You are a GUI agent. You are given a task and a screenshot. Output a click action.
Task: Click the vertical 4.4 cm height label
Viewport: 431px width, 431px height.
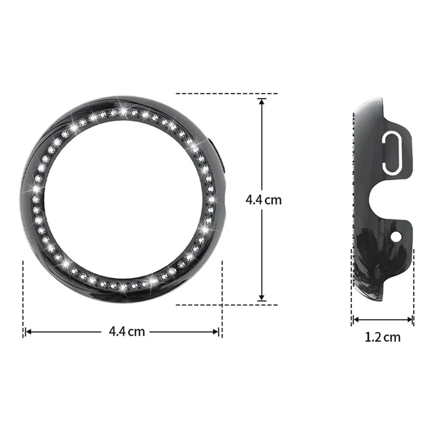click(x=263, y=199)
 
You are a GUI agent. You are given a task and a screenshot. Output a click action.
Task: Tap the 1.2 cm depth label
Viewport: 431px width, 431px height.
click(x=383, y=338)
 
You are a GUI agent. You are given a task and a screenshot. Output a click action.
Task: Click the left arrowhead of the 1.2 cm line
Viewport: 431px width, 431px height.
click(x=355, y=320)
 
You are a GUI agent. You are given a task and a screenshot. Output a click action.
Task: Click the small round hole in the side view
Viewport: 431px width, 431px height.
click(x=397, y=236)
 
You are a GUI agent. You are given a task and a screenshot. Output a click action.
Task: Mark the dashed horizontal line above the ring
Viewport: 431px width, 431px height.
click(x=226, y=94)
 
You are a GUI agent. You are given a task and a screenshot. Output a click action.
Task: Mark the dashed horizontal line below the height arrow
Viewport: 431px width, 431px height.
click(x=226, y=304)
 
